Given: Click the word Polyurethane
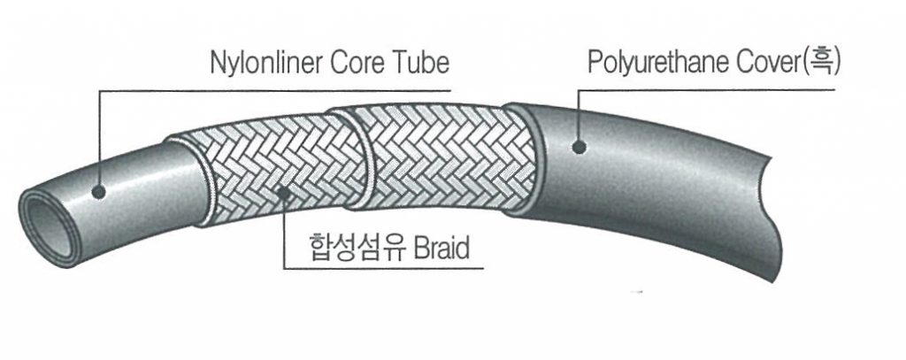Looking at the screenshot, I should click(x=656, y=63).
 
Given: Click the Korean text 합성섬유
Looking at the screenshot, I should click(x=344, y=248).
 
